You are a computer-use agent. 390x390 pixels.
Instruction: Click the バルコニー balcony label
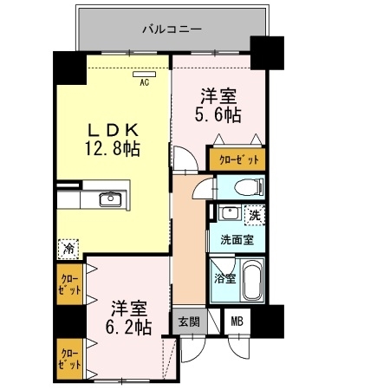(x=172, y=29)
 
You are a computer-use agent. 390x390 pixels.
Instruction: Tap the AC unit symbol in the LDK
(x=145, y=75)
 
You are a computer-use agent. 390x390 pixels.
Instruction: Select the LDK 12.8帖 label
(x=113, y=140)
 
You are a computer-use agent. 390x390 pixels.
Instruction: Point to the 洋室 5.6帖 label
(x=218, y=106)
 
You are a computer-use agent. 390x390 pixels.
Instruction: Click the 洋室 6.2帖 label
(x=128, y=318)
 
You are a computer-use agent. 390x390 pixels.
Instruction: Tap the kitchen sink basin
(x=110, y=199)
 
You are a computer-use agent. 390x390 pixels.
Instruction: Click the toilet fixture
(x=249, y=187)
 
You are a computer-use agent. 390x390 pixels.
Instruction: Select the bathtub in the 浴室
(x=253, y=280)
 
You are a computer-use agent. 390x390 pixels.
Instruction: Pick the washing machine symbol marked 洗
(x=255, y=215)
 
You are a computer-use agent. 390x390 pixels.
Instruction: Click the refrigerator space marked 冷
(x=68, y=249)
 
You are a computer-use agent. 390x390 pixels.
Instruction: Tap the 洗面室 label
(x=237, y=239)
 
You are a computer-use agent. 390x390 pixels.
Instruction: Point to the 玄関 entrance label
(x=189, y=322)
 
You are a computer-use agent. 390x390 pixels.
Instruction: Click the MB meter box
(x=237, y=322)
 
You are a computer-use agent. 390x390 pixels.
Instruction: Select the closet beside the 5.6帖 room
(x=237, y=159)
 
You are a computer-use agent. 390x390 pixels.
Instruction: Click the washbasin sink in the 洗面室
(x=230, y=212)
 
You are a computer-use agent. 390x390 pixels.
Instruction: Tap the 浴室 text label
(x=225, y=278)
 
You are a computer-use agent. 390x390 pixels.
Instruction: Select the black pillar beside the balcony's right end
(x=267, y=53)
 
